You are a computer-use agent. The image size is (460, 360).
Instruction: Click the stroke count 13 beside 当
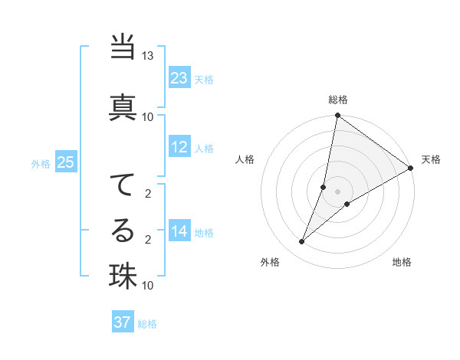click(148, 57)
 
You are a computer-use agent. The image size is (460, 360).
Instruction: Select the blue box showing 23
click(179, 78)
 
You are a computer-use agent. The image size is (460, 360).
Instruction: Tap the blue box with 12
click(179, 147)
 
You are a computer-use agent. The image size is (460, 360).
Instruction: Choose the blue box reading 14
click(179, 231)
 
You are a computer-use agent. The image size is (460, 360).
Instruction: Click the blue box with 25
click(66, 162)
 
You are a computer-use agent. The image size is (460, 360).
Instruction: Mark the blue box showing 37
click(123, 322)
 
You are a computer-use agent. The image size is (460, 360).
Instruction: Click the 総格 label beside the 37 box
click(147, 324)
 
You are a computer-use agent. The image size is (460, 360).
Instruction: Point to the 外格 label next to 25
click(40, 163)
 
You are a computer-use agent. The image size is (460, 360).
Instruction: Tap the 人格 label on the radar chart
click(245, 159)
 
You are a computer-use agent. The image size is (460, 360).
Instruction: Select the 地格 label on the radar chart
click(402, 262)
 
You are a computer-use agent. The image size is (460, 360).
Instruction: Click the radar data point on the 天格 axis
click(411, 169)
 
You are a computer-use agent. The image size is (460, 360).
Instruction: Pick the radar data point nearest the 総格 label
click(337, 116)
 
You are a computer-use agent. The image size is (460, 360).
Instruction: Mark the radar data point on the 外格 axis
click(302, 242)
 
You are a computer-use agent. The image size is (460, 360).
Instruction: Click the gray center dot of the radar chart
click(337, 191)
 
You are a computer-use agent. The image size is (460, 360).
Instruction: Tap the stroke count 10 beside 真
click(148, 116)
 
